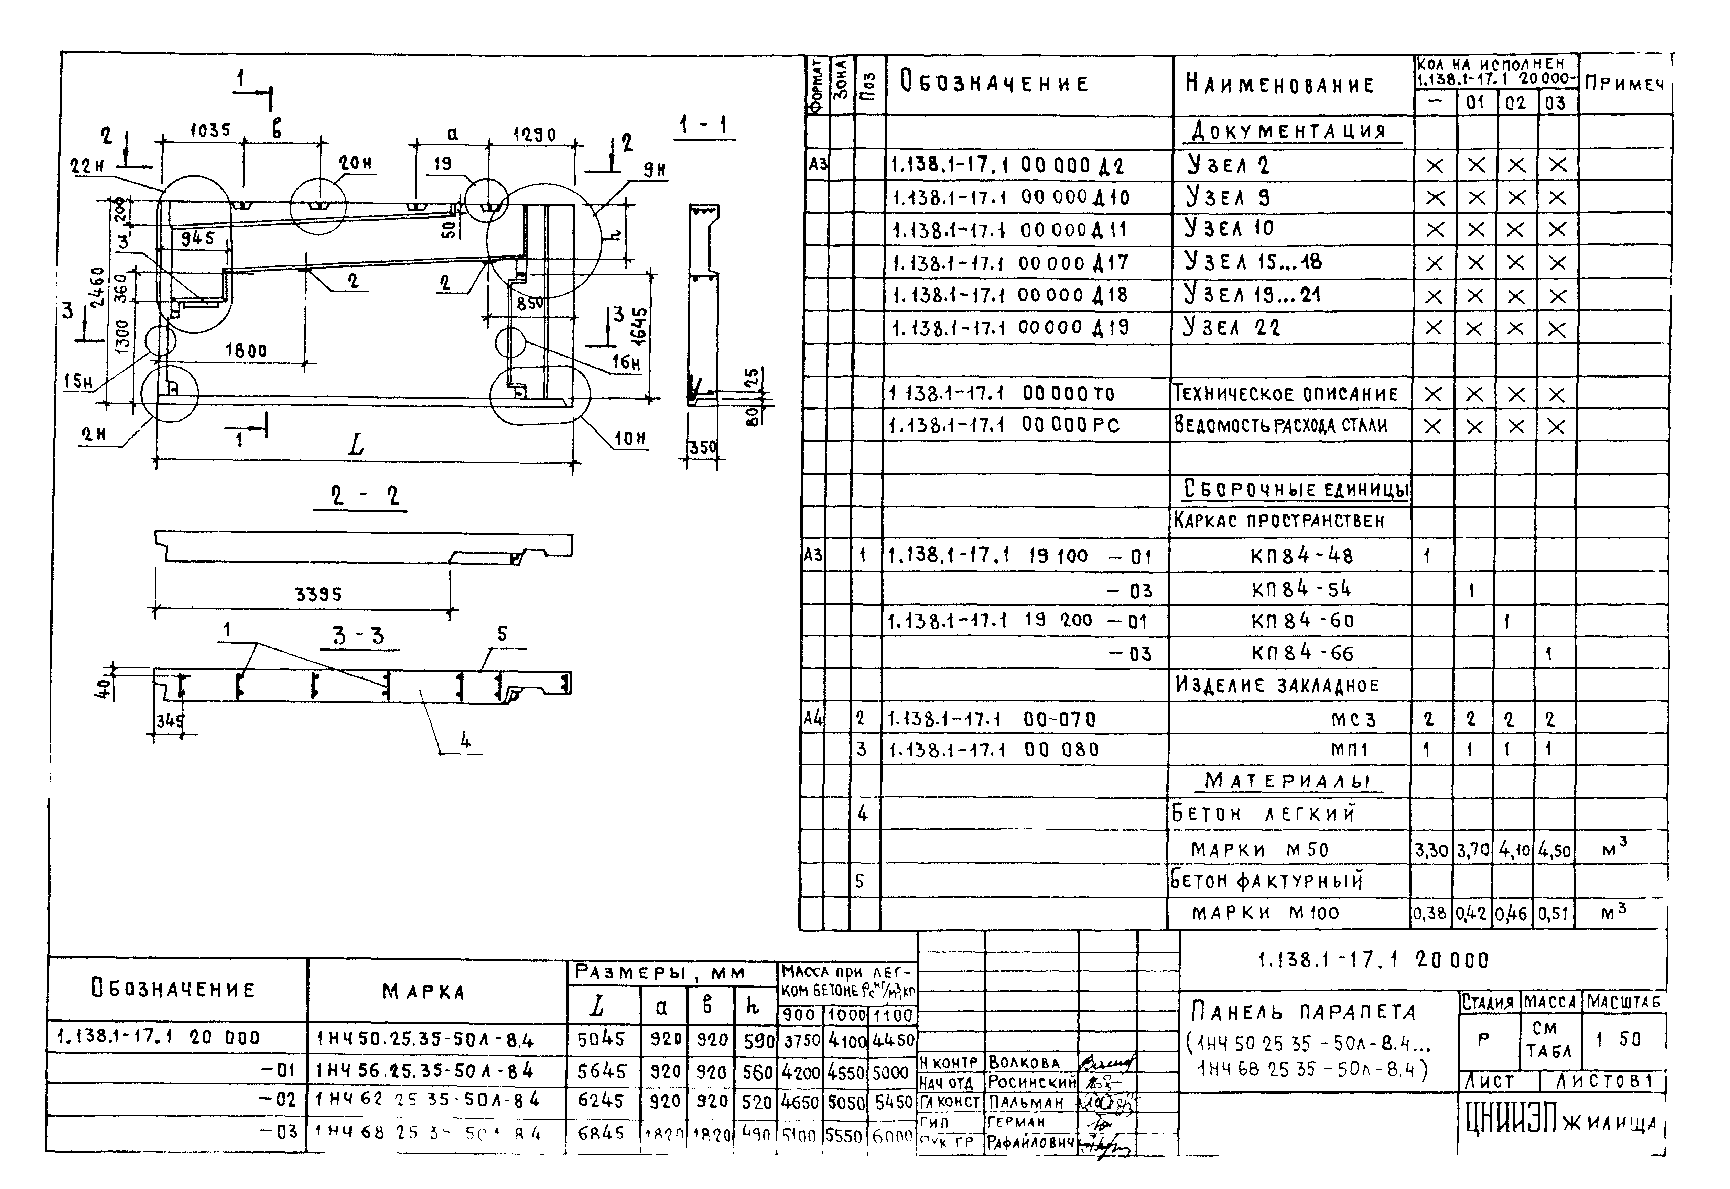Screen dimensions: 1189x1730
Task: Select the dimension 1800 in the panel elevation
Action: tap(246, 350)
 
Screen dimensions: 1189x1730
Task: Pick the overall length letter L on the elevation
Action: tap(356, 446)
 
